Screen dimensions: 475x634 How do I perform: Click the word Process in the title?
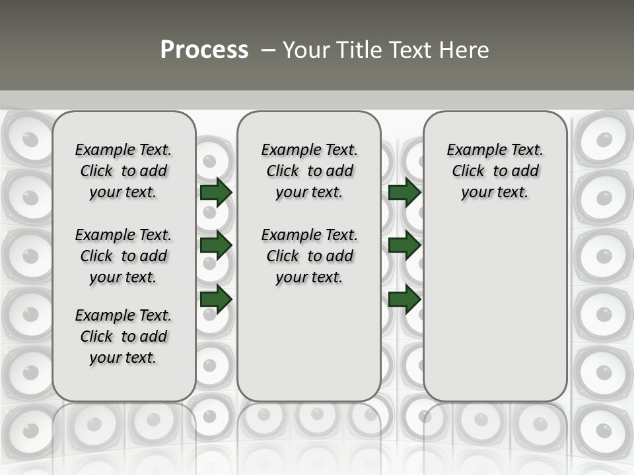tap(204, 50)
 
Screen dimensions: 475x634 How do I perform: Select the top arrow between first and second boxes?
tap(216, 192)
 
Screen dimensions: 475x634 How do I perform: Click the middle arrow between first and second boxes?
tap(216, 245)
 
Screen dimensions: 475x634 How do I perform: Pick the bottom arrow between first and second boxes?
tap(216, 299)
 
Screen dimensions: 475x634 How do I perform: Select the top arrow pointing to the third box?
tap(404, 192)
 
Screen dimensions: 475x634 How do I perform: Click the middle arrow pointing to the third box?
tap(404, 245)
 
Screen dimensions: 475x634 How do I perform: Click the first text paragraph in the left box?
tap(123, 171)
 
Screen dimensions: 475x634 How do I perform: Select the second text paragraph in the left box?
tap(123, 256)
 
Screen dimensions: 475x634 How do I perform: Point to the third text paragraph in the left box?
tap(123, 336)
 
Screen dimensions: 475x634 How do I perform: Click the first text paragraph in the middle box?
tap(309, 171)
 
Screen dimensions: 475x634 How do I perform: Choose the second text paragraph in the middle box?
tap(309, 256)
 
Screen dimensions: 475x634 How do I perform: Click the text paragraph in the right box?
tap(495, 171)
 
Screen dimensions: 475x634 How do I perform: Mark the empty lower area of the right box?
tap(495, 317)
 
